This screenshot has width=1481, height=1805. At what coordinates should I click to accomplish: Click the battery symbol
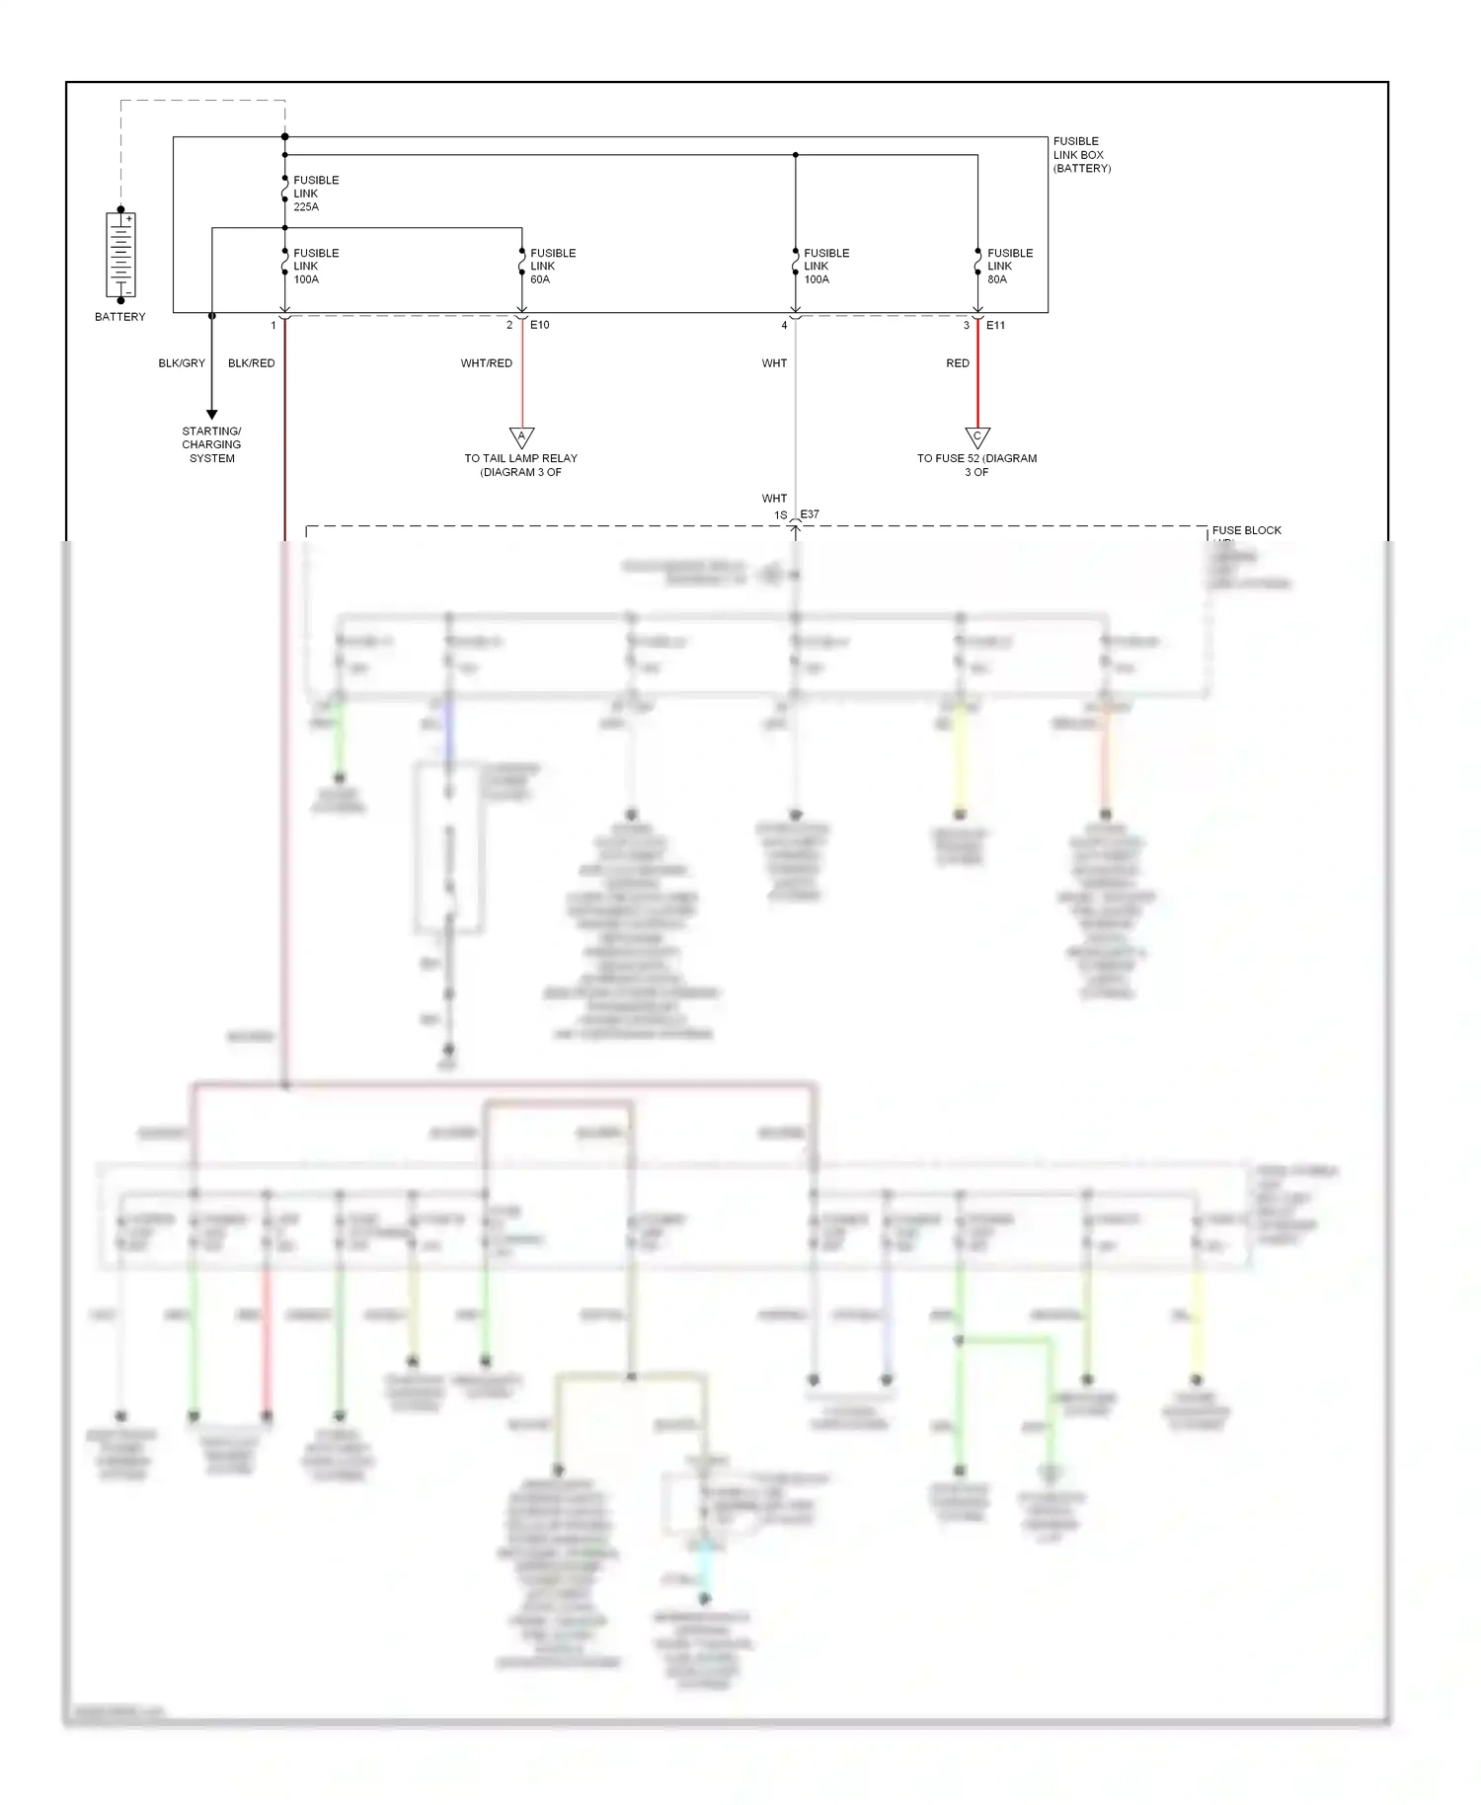click(x=120, y=255)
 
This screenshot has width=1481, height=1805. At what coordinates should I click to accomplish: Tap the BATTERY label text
click(x=120, y=317)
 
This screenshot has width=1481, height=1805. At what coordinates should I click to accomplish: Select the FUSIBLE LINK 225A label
click(x=316, y=194)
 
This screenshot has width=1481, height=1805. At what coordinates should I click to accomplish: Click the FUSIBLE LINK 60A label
click(x=553, y=267)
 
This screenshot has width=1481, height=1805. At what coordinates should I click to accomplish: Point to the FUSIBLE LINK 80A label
click(x=1010, y=267)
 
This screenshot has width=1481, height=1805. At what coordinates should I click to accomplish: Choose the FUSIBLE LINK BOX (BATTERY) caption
click(x=1081, y=155)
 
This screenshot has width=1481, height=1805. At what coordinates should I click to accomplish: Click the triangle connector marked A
click(x=522, y=436)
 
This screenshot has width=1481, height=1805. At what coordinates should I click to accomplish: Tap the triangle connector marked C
click(x=977, y=436)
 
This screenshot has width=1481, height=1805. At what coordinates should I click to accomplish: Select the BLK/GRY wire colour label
click(x=182, y=363)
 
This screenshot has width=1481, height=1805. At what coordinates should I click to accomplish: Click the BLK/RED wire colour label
click(x=252, y=363)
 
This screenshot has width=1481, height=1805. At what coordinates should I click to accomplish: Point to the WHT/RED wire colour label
click(x=487, y=363)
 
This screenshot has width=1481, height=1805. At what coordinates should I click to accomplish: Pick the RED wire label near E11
click(x=958, y=363)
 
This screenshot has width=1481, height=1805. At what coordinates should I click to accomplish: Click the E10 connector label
click(x=540, y=325)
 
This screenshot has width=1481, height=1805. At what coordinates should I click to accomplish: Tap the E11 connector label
click(x=995, y=325)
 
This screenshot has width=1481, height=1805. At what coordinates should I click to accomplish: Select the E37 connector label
click(x=810, y=514)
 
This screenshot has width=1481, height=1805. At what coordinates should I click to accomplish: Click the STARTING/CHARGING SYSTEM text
click(x=211, y=444)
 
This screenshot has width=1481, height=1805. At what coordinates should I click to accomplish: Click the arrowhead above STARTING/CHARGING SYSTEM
click(x=211, y=415)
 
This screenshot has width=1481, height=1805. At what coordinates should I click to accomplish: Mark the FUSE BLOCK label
click(x=1246, y=530)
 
